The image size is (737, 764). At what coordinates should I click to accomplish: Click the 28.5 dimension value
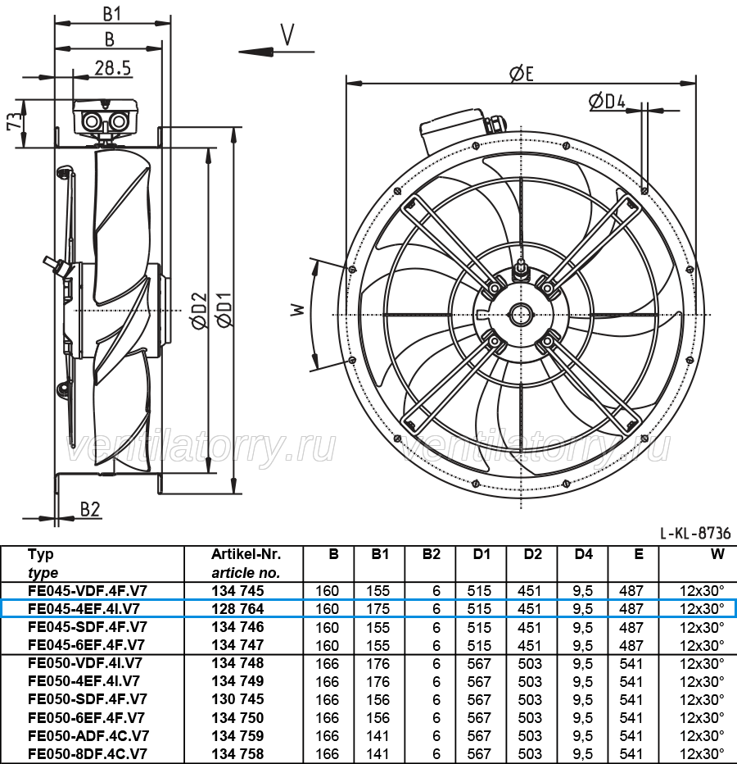113,68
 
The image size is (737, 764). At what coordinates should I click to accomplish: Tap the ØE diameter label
522,74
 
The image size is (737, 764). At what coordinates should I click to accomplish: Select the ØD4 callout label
607,102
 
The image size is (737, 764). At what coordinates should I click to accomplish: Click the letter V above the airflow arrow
287,34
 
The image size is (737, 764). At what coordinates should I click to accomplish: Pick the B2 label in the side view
90,509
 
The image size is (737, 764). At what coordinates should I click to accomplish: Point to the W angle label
297,310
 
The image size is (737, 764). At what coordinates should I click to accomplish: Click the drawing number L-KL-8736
695,534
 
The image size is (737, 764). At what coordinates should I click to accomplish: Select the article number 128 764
237,608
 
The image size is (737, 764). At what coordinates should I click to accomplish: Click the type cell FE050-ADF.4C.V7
88,736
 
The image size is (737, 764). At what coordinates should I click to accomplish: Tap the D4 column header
583,554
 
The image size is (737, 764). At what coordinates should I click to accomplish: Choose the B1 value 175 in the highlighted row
378,608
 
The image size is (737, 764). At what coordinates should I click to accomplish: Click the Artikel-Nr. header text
246,554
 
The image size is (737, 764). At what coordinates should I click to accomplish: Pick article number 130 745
237,699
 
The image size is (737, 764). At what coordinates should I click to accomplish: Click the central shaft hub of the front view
521,315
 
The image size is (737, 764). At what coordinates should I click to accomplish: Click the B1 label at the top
112,14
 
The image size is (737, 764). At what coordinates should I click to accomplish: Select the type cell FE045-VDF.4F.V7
88,590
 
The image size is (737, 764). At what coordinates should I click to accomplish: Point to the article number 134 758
237,754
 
